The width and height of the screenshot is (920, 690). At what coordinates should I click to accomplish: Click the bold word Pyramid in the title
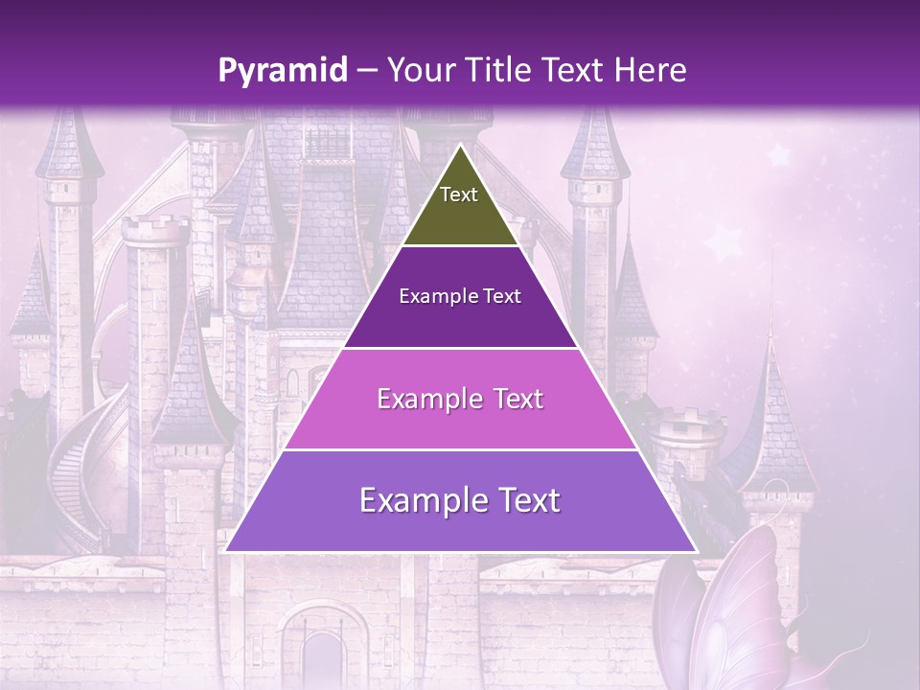click(x=283, y=71)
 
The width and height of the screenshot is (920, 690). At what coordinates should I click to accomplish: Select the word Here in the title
click(x=652, y=71)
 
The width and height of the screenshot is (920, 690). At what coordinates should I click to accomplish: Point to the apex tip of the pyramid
click(x=460, y=147)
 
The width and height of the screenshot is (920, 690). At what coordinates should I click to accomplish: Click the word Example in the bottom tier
click(x=423, y=500)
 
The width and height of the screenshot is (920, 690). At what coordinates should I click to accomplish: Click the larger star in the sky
click(x=779, y=153)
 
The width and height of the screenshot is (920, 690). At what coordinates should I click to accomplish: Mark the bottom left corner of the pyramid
click(x=226, y=551)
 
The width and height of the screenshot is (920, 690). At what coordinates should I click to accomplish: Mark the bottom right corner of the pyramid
click(x=695, y=551)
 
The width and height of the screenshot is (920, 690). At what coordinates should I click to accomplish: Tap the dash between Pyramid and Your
click(x=366, y=71)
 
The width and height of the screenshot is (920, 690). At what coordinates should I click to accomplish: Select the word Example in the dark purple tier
click(x=432, y=296)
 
